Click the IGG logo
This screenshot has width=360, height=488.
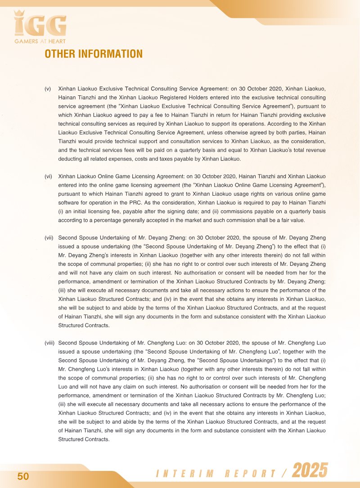click(x=40, y=25)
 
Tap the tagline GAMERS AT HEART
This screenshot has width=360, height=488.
click(x=40, y=42)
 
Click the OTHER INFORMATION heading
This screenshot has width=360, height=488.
click(x=94, y=54)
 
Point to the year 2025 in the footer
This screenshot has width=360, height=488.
click(x=310, y=471)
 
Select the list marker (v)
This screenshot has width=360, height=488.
click(x=48, y=89)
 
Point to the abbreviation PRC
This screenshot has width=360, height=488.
click(x=130, y=202)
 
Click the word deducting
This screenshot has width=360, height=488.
click(x=72, y=159)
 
